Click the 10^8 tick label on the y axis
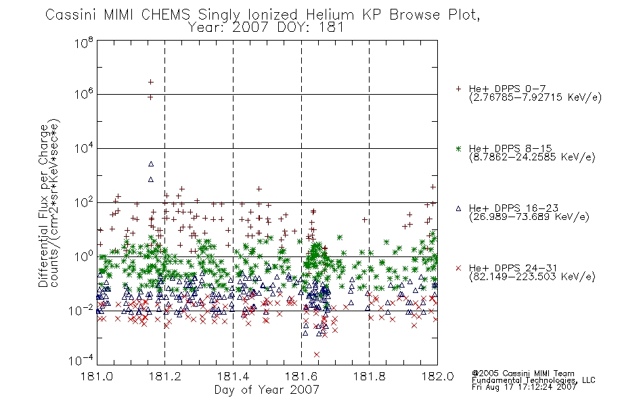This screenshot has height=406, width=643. coord(84,43)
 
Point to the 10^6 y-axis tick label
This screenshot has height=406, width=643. coord(84,94)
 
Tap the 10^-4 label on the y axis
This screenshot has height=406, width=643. coord(81,361)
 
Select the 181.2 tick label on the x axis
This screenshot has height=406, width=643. coord(165,376)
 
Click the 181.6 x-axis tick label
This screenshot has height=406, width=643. coord(301,376)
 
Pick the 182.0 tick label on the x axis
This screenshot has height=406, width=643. coord(437,376)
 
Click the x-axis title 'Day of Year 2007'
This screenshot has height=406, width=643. coord(267,390)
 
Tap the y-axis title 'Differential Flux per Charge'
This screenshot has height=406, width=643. coord(43,206)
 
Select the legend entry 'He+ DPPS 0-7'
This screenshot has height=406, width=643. coord(507,89)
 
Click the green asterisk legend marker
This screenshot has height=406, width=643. coord(458,148)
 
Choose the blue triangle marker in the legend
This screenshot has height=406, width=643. coord(458,208)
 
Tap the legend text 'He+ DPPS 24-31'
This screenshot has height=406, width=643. coord(513,268)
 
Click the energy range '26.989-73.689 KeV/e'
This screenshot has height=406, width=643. coord(529,217)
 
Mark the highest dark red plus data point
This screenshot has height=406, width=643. coord(150,82)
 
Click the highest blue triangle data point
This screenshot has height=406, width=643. coord(151,164)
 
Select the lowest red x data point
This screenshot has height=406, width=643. coord(317,355)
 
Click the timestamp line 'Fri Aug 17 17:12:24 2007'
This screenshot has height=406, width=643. coord(524,387)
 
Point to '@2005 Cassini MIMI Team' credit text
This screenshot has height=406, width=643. coord(523,374)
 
